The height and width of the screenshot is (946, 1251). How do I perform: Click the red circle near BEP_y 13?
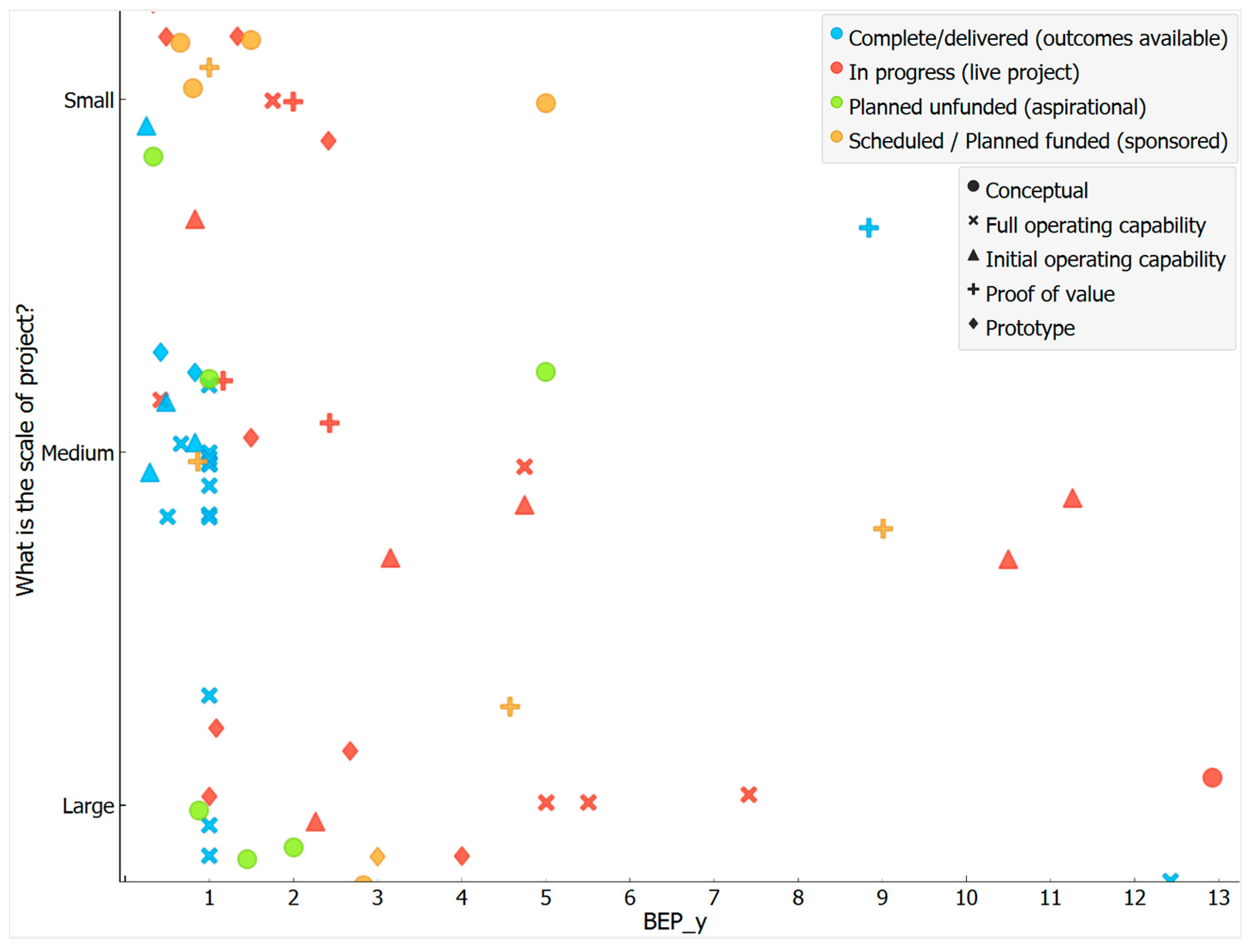[1212, 778]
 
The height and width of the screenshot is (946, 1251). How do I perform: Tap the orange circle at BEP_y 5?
[546, 104]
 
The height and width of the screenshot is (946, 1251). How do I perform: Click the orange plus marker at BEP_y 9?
[883, 529]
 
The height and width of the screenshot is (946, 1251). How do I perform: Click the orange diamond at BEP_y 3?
[377, 856]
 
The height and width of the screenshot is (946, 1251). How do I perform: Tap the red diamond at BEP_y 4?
[461, 856]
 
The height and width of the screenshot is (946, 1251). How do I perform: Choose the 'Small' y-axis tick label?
[89, 100]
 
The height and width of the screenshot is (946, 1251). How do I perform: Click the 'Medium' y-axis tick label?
[77, 453]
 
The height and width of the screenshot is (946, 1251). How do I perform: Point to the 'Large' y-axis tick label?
[88, 806]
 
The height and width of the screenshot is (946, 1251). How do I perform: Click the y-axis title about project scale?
[26, 450]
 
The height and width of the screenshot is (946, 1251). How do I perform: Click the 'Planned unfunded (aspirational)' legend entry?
[997, 107]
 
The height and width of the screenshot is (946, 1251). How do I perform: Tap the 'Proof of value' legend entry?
[1050, 294]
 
